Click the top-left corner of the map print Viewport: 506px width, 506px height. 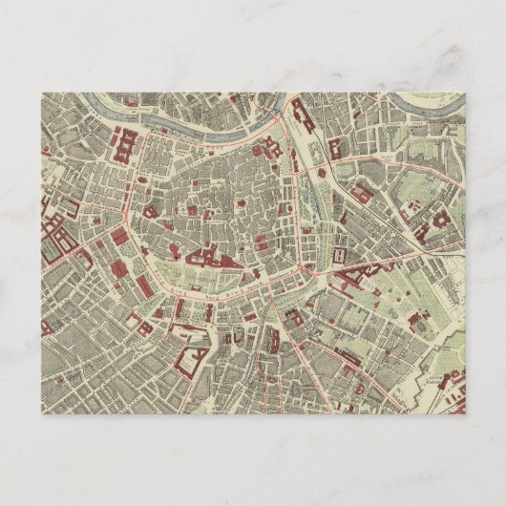point(42,93)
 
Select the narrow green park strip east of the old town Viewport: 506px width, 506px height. point(310,205)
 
